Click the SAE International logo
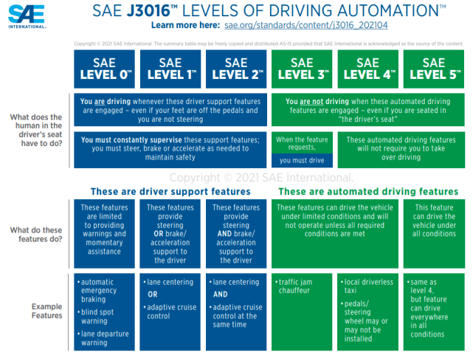27,15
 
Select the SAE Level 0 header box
105,69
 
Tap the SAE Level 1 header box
170,69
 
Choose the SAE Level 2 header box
236,69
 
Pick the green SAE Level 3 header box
302,69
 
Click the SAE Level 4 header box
368,69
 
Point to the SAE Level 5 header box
434,69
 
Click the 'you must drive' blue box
303,159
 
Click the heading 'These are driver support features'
170,192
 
